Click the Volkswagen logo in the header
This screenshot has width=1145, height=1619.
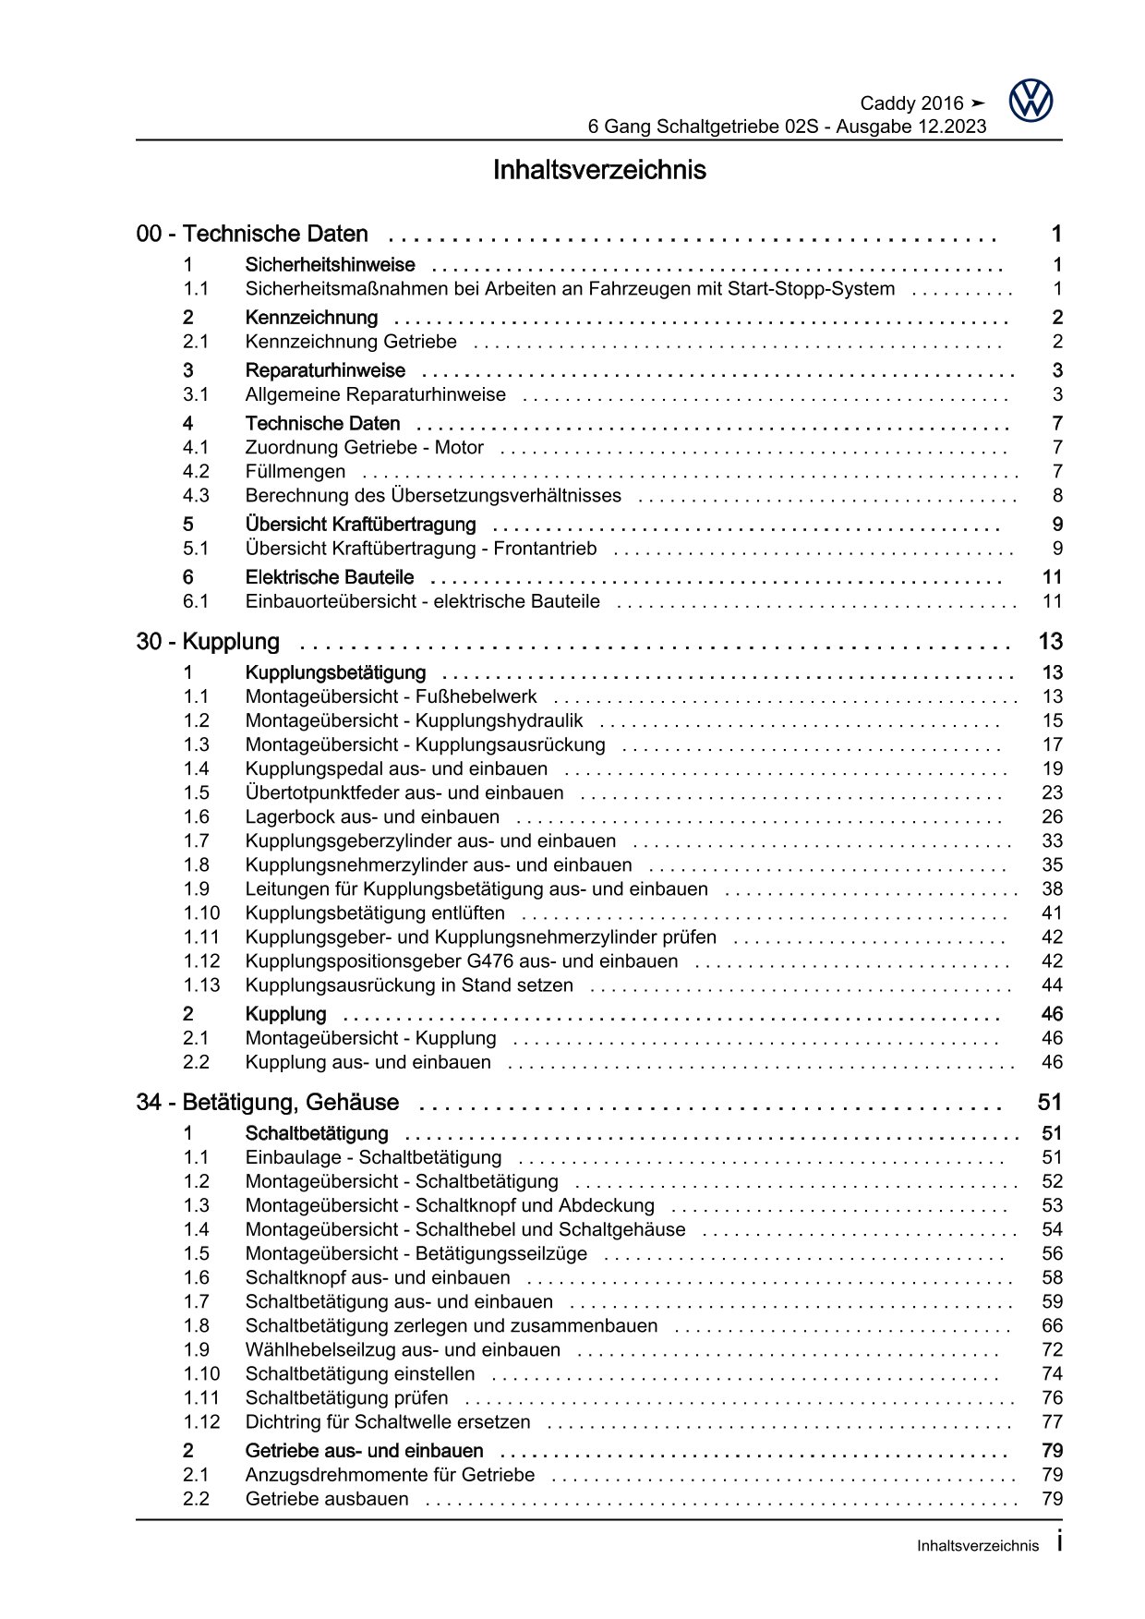pyautogui.click(x=1030, y=101)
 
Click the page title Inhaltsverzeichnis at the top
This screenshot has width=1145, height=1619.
pyautogui.click(x=599, y=171)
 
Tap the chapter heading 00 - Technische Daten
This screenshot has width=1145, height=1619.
pyautogui.click(x=252, y=235)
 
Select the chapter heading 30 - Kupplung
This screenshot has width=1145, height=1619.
pyautogui.click(x=208, y=642)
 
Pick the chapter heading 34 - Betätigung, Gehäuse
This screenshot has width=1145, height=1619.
pyautogui.click(x=268, y=1103)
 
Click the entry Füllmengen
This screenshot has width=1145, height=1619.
pyautogui.click(x=295, y=472)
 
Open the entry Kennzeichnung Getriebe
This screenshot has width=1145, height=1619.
pyautogui.click(x=351, y=343)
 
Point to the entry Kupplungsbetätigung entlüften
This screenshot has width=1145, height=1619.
pyautogui.click(x=375, y=913)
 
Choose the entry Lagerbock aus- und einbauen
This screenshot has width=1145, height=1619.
pyautogui.click(x=372, y=817)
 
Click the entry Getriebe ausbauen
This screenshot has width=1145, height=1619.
pyautogui.click(x=327, y=1499)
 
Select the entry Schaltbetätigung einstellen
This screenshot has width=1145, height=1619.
pyautogui.click(x=360, y=1374)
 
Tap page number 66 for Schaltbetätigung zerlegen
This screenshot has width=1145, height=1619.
pyautogui.click(x=1052, y=1326)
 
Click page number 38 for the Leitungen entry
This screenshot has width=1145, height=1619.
pyautogui.click(x=1052, y=889)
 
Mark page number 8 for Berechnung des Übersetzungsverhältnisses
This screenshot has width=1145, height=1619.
pyautogui.click(x=1057, y=496)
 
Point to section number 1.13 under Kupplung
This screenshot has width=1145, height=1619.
pyautogui.click(x=201, y=985)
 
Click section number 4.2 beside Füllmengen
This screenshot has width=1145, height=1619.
pyautogui.click(x=196, y=472)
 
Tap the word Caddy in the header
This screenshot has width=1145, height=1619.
pyautogui.click(x=887, y=103)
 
